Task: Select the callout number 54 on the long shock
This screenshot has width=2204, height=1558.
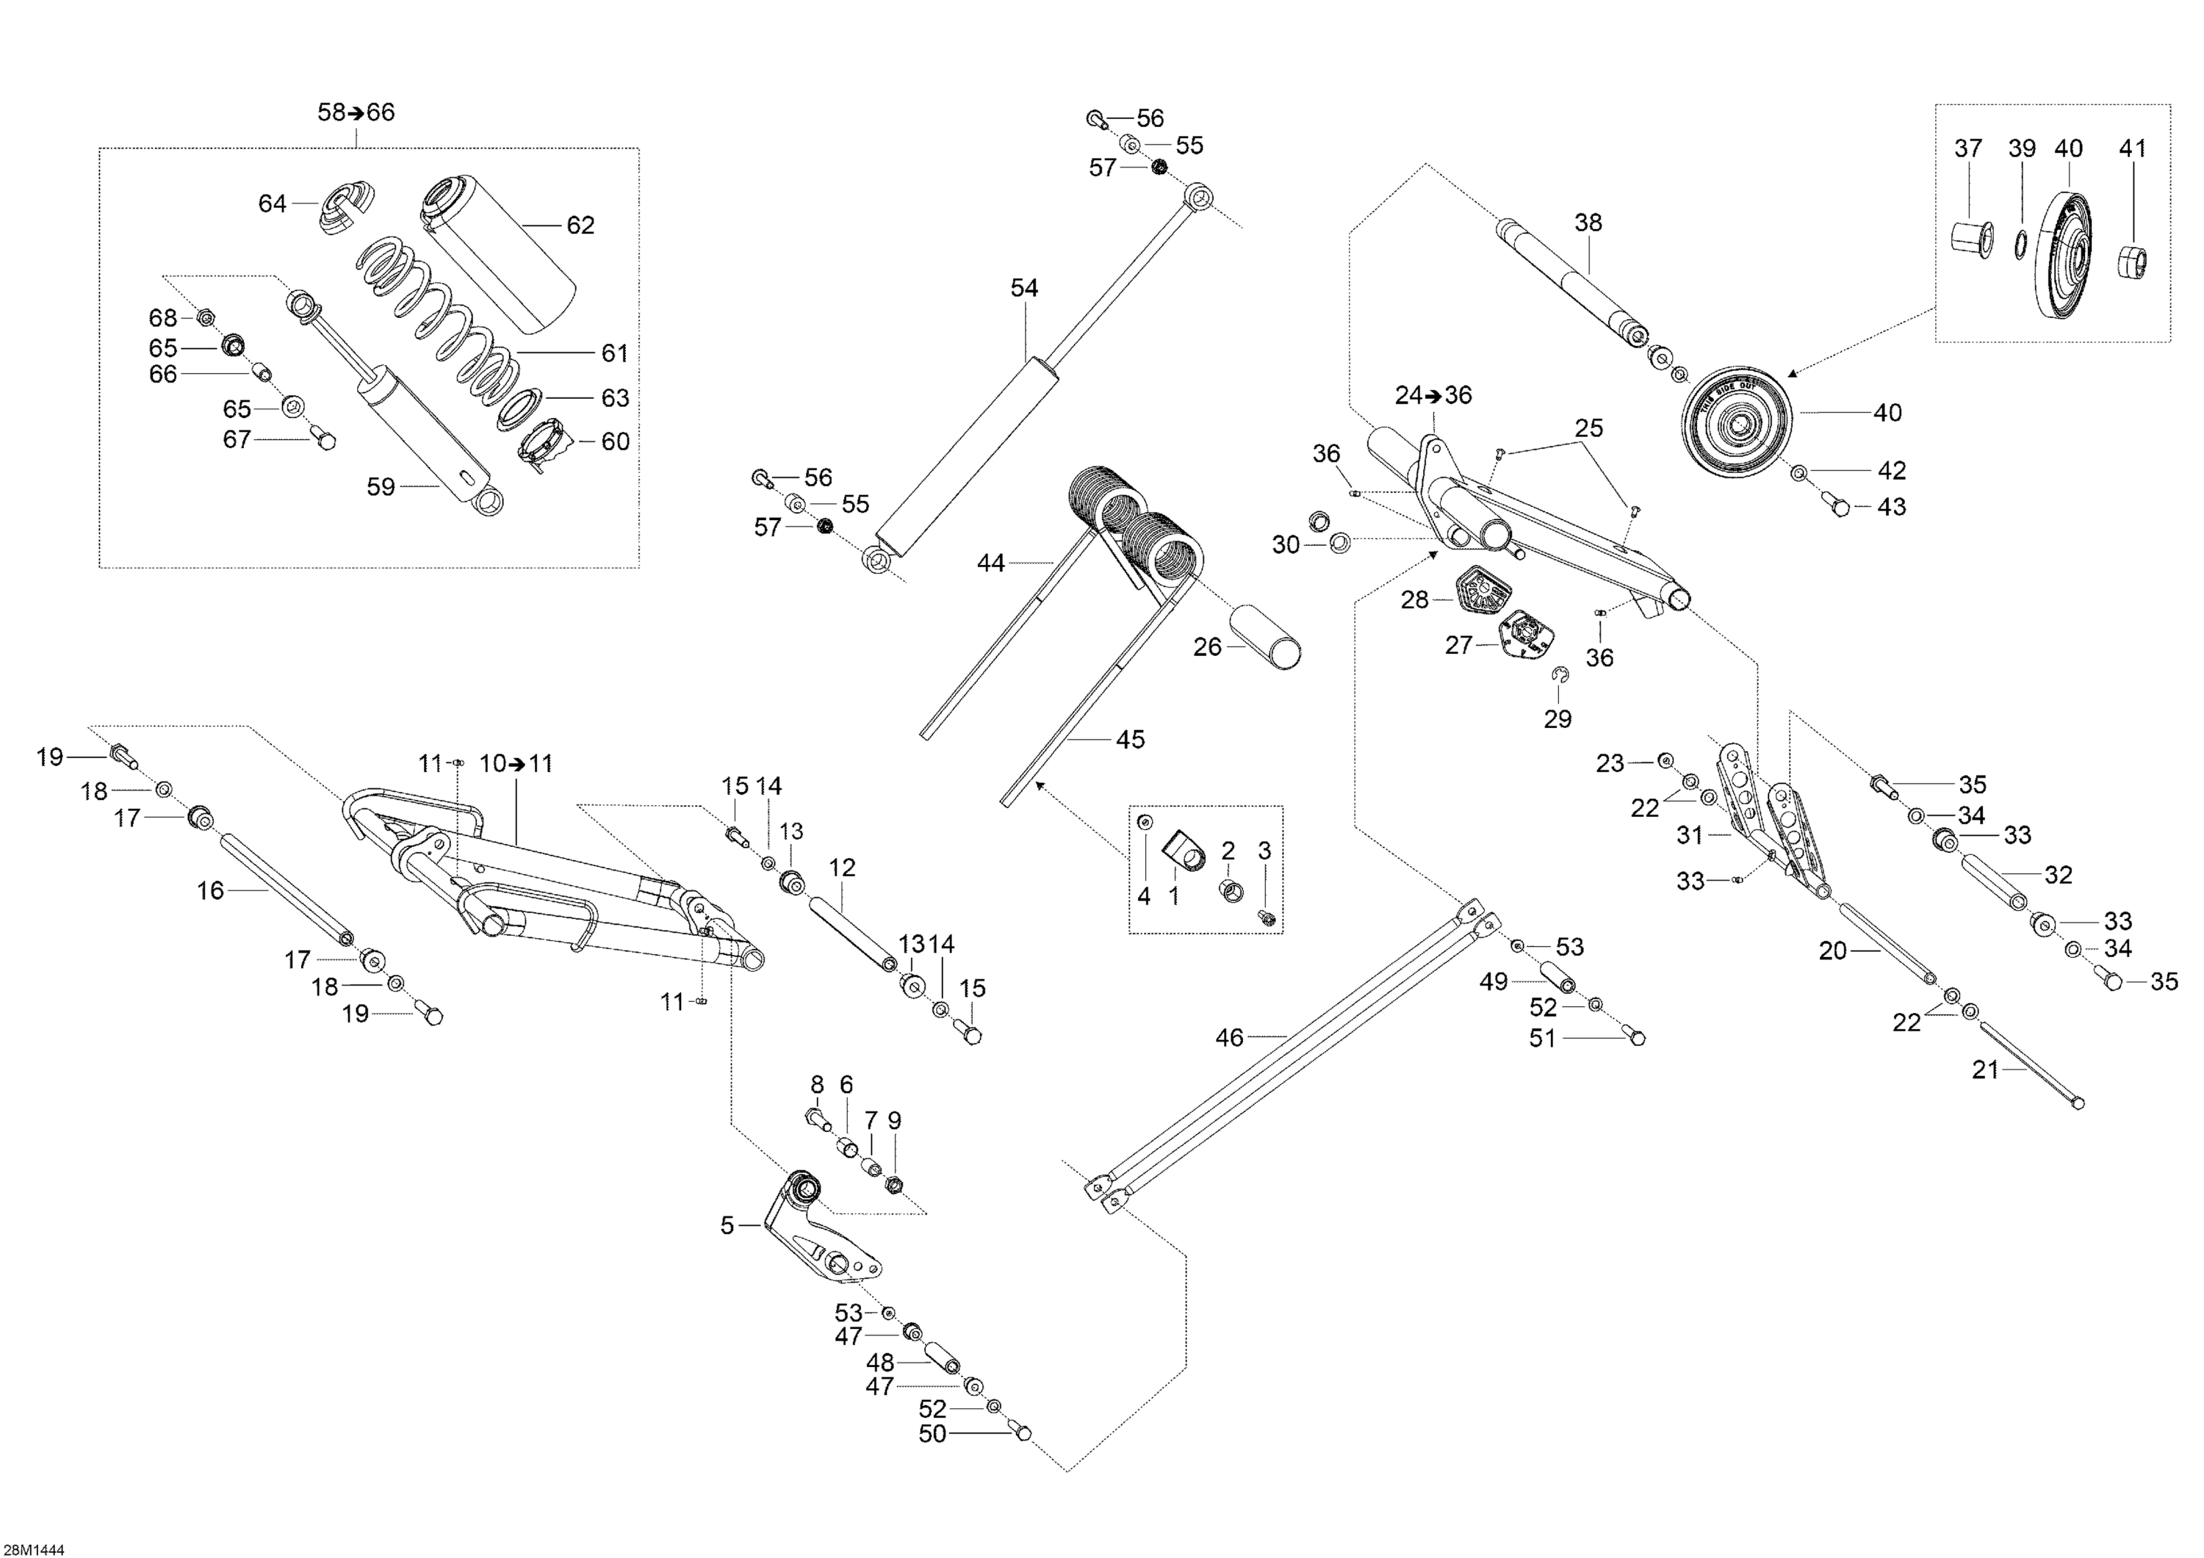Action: pyautogui.click(x=1024, y=288)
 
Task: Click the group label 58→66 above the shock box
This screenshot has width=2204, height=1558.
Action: pyautogui.click(x=356, y=112)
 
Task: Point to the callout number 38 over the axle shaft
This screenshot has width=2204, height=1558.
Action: pyautogui.click(x=1588, y=223)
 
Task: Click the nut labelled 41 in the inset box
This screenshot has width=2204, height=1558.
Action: pyautogui.click(x=2132, y=260)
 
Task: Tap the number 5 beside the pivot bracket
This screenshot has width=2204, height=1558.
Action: pyautogui.click(x=727, y=1226)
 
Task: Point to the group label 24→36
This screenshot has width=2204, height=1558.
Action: pyautogui.click(x=1433, y=395)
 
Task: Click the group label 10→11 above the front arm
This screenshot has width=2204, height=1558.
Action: pyautogui.click(x=516, y=764)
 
